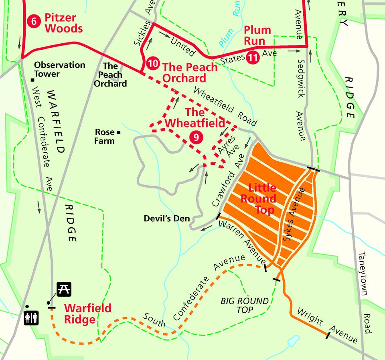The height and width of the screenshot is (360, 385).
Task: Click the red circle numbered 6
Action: tap(34, 22)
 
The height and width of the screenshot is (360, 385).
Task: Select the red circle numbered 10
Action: tap(153, 63)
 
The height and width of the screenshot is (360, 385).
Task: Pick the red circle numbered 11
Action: tap(252, 57)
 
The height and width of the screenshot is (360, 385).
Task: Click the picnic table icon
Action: tap(64, 289)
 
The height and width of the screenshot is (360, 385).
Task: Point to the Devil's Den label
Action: tap(167, 218)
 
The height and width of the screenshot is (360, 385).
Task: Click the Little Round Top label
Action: tap(262, 199)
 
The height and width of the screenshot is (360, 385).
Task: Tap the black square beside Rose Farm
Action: tap(119, 132)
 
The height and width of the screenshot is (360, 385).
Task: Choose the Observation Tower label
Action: tap(60, 69)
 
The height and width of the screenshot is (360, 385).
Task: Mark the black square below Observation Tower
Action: tap(32, 80)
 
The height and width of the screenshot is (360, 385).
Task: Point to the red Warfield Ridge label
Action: tap(88, 314)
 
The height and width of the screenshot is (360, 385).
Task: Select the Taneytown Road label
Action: tap(365, 292)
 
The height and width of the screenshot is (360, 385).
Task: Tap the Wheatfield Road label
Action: tap(225, 106)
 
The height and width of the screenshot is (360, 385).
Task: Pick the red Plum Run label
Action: tap(257, 35)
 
